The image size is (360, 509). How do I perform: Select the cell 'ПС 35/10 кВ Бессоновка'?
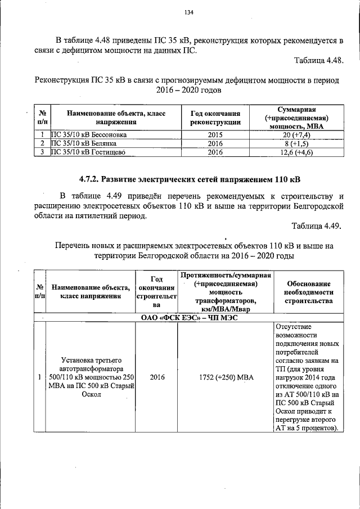pos(88,135)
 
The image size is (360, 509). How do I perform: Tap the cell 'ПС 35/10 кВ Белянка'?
pos(84,143)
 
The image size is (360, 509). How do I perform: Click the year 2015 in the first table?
pos(215,135)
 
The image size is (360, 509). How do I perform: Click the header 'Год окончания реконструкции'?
pos(215,118)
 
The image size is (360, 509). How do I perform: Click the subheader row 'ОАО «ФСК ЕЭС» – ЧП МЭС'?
pos(189,318)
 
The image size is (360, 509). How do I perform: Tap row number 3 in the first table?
pos(42,152)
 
